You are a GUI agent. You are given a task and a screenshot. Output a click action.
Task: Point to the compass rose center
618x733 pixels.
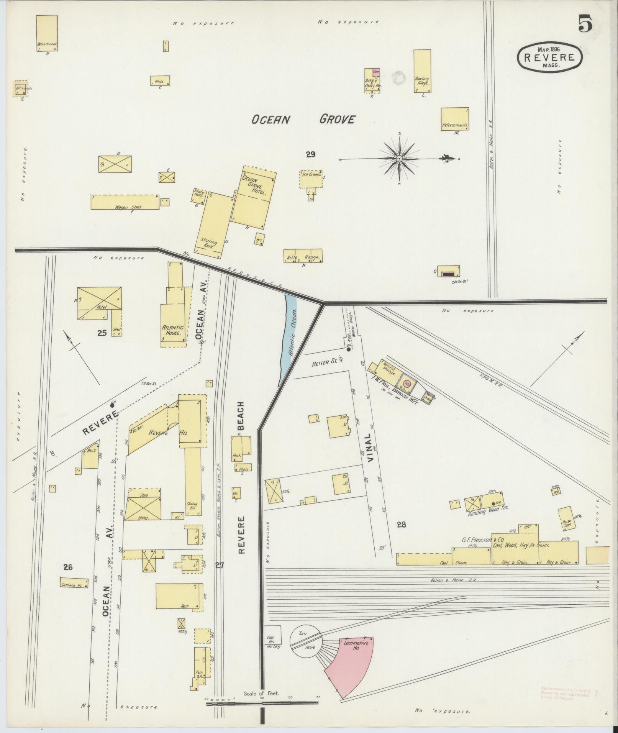399,158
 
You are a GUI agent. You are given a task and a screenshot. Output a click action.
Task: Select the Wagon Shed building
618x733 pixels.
125,202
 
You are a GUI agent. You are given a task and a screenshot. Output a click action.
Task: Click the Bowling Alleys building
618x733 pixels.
422,71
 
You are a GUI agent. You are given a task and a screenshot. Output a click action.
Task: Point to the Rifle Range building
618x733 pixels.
302,256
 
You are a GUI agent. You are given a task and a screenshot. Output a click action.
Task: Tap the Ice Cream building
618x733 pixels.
311,179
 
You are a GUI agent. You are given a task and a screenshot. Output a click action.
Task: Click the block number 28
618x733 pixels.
401,525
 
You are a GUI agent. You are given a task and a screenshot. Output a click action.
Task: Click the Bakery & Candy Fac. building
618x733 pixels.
372,80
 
